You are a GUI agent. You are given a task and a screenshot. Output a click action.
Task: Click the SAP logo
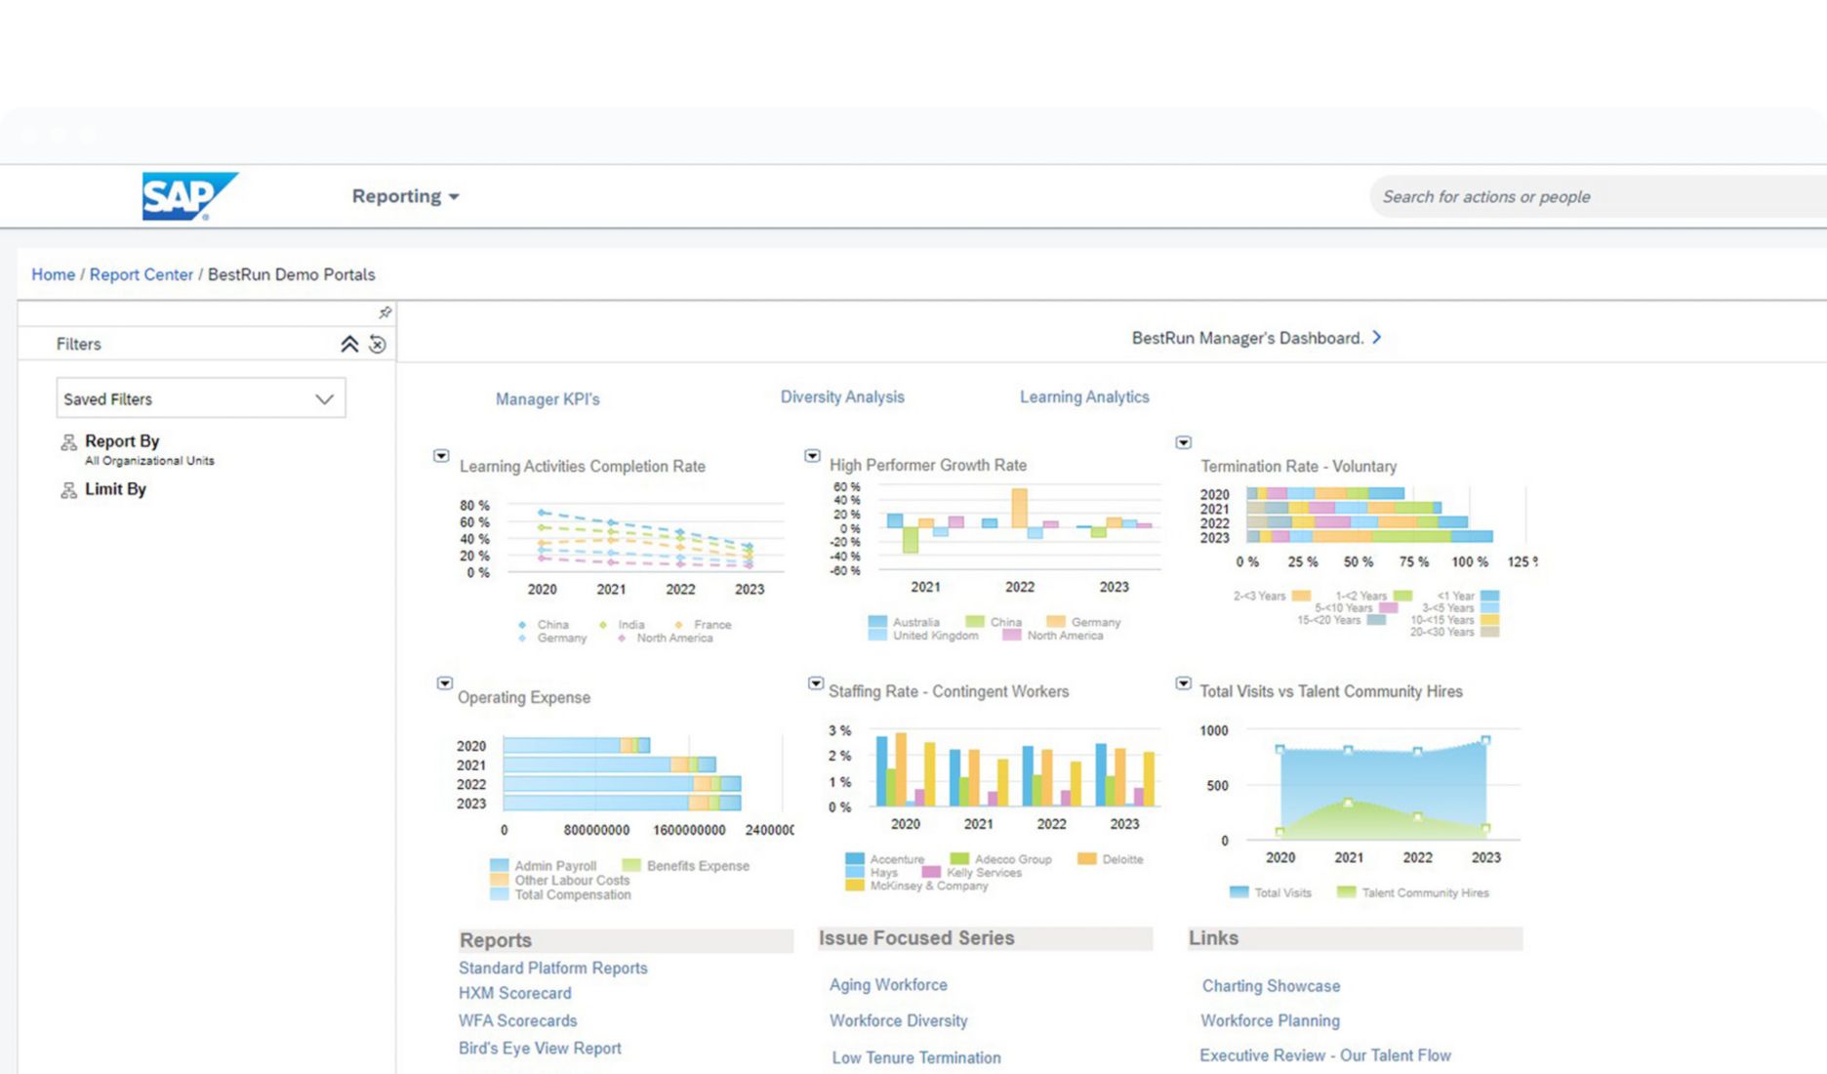coord(188,196)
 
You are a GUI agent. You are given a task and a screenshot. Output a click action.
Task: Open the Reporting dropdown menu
coord(405,196)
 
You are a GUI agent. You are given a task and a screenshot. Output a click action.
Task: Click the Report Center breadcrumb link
coord(142,274)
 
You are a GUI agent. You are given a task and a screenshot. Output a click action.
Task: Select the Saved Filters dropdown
coord(200,398)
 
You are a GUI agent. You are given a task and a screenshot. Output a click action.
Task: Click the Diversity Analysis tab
coord(842,397)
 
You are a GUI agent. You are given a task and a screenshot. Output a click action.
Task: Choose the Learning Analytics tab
coord(1084,397)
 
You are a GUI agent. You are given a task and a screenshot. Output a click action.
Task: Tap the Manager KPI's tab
coord(548,399)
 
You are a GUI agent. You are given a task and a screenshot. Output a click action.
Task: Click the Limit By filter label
coord(115,489)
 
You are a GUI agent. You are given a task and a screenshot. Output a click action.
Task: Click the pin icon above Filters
coord(385,312)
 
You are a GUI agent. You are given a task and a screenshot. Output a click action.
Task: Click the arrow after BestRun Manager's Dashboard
coord(1377,337)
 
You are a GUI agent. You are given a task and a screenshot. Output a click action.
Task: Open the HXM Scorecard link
coord(515,993)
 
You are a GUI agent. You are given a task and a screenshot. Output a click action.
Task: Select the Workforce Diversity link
coord(899,1020)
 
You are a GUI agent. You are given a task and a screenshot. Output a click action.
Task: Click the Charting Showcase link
coord(1271,986)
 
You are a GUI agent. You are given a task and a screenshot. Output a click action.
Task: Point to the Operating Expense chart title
coord(524,697)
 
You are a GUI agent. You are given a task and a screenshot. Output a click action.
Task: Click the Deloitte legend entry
coord(1121,859)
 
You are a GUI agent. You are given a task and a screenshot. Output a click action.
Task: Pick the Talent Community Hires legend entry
coord(1424,892)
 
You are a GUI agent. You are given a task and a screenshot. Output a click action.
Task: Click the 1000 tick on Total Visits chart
coord(1214,730)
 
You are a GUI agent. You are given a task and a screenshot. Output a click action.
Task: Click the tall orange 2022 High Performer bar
coord(1020,508)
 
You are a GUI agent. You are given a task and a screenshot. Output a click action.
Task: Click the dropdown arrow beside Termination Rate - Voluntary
coord(1184,442)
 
